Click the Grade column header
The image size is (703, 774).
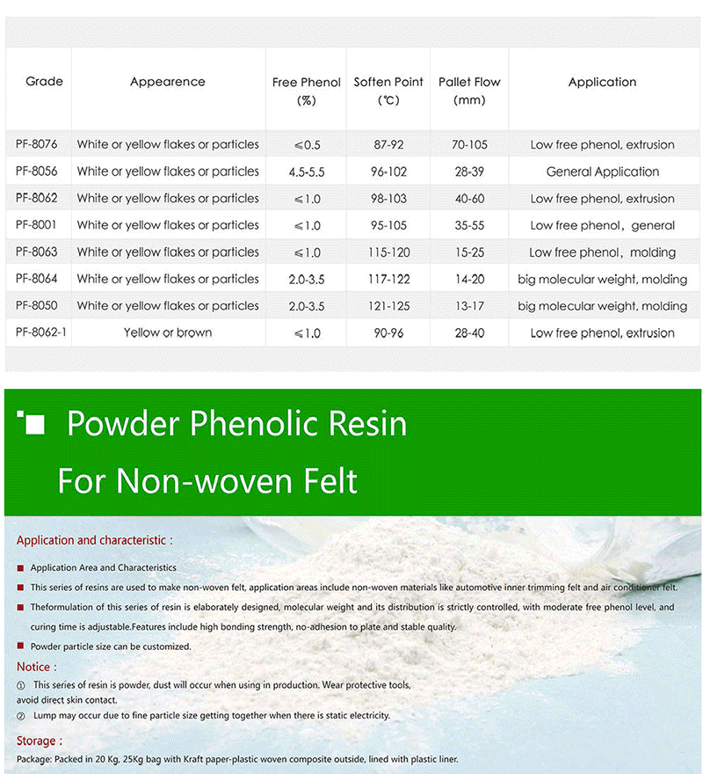click(45, 82)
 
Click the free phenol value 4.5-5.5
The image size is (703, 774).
click(307, 172)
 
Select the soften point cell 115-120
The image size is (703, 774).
click(388, 252)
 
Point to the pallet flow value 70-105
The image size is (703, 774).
click(469, 144)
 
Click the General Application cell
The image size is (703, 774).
click(602, 172)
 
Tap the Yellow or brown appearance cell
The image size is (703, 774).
click(168, 333)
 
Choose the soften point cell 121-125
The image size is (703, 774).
click(388, 306)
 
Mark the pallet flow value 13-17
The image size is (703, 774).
click(469, 306)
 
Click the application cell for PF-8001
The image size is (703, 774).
click(602, 225)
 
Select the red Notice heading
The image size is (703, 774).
click(37, 668)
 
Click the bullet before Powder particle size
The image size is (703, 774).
click(21, 646)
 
